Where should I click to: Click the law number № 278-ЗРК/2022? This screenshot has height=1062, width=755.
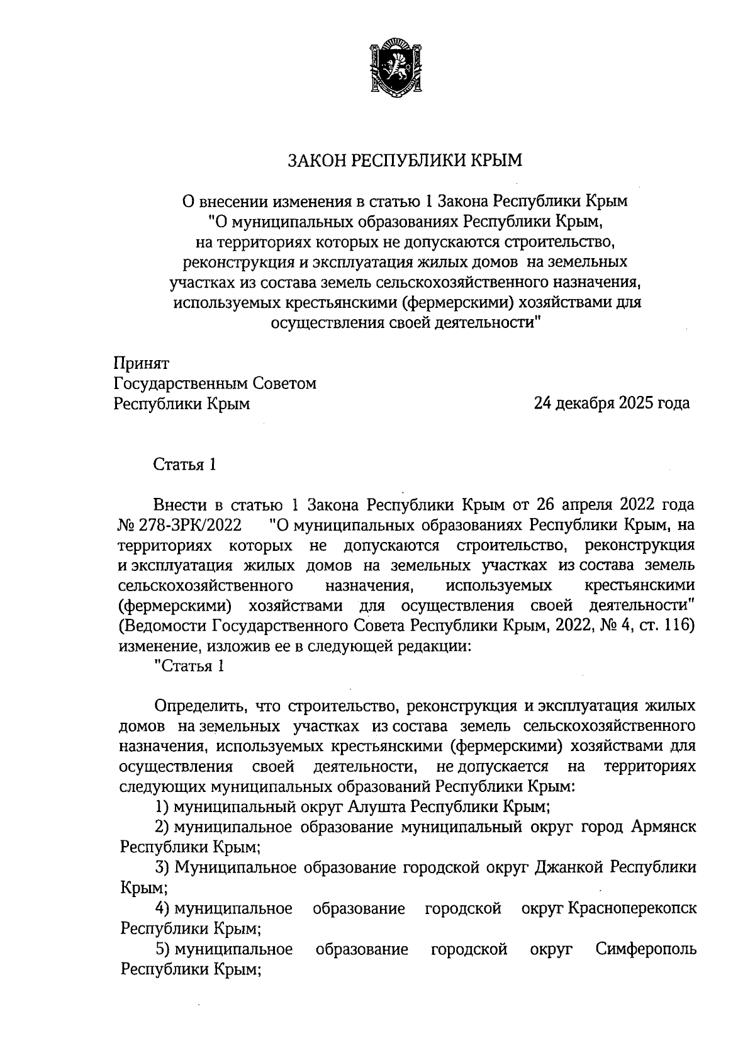point(180,524)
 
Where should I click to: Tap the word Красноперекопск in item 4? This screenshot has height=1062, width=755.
point(632,908)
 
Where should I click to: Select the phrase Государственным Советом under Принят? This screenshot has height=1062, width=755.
point(215,383)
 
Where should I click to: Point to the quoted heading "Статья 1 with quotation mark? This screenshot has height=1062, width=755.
point(189,666)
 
